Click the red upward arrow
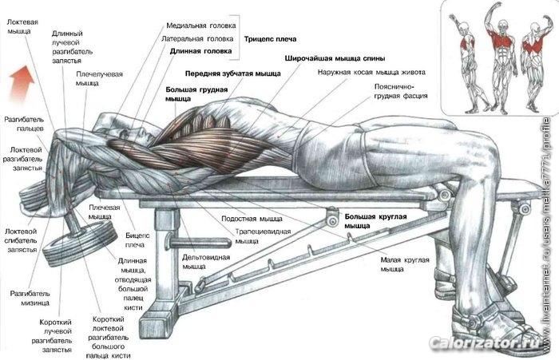(x=22, y=83)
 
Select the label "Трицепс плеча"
(x=270, y=39)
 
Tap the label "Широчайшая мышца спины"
(x=335, y=58)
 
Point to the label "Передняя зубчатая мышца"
(x=233, y=73)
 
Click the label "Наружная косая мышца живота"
(x=371, y=73)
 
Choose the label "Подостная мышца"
(x=252, y=219)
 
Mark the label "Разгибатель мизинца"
(x=30, y=299)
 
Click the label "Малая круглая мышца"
(x=405, y=264)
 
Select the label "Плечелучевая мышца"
(x=99, y=78)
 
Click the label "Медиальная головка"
(x=201, y=26)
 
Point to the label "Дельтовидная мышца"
(x=206, y=262)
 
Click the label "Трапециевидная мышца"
(x=263, y=236)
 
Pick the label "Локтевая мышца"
(x=22, y=26)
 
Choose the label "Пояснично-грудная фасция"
(x=401, y=91)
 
